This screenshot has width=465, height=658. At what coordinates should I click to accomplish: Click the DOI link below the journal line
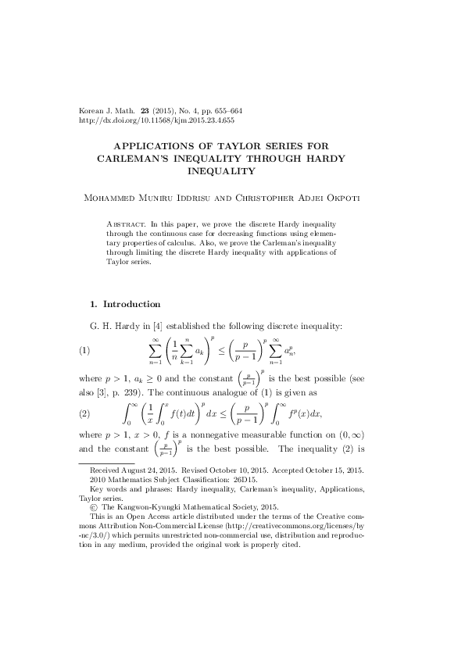click(156, 121)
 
